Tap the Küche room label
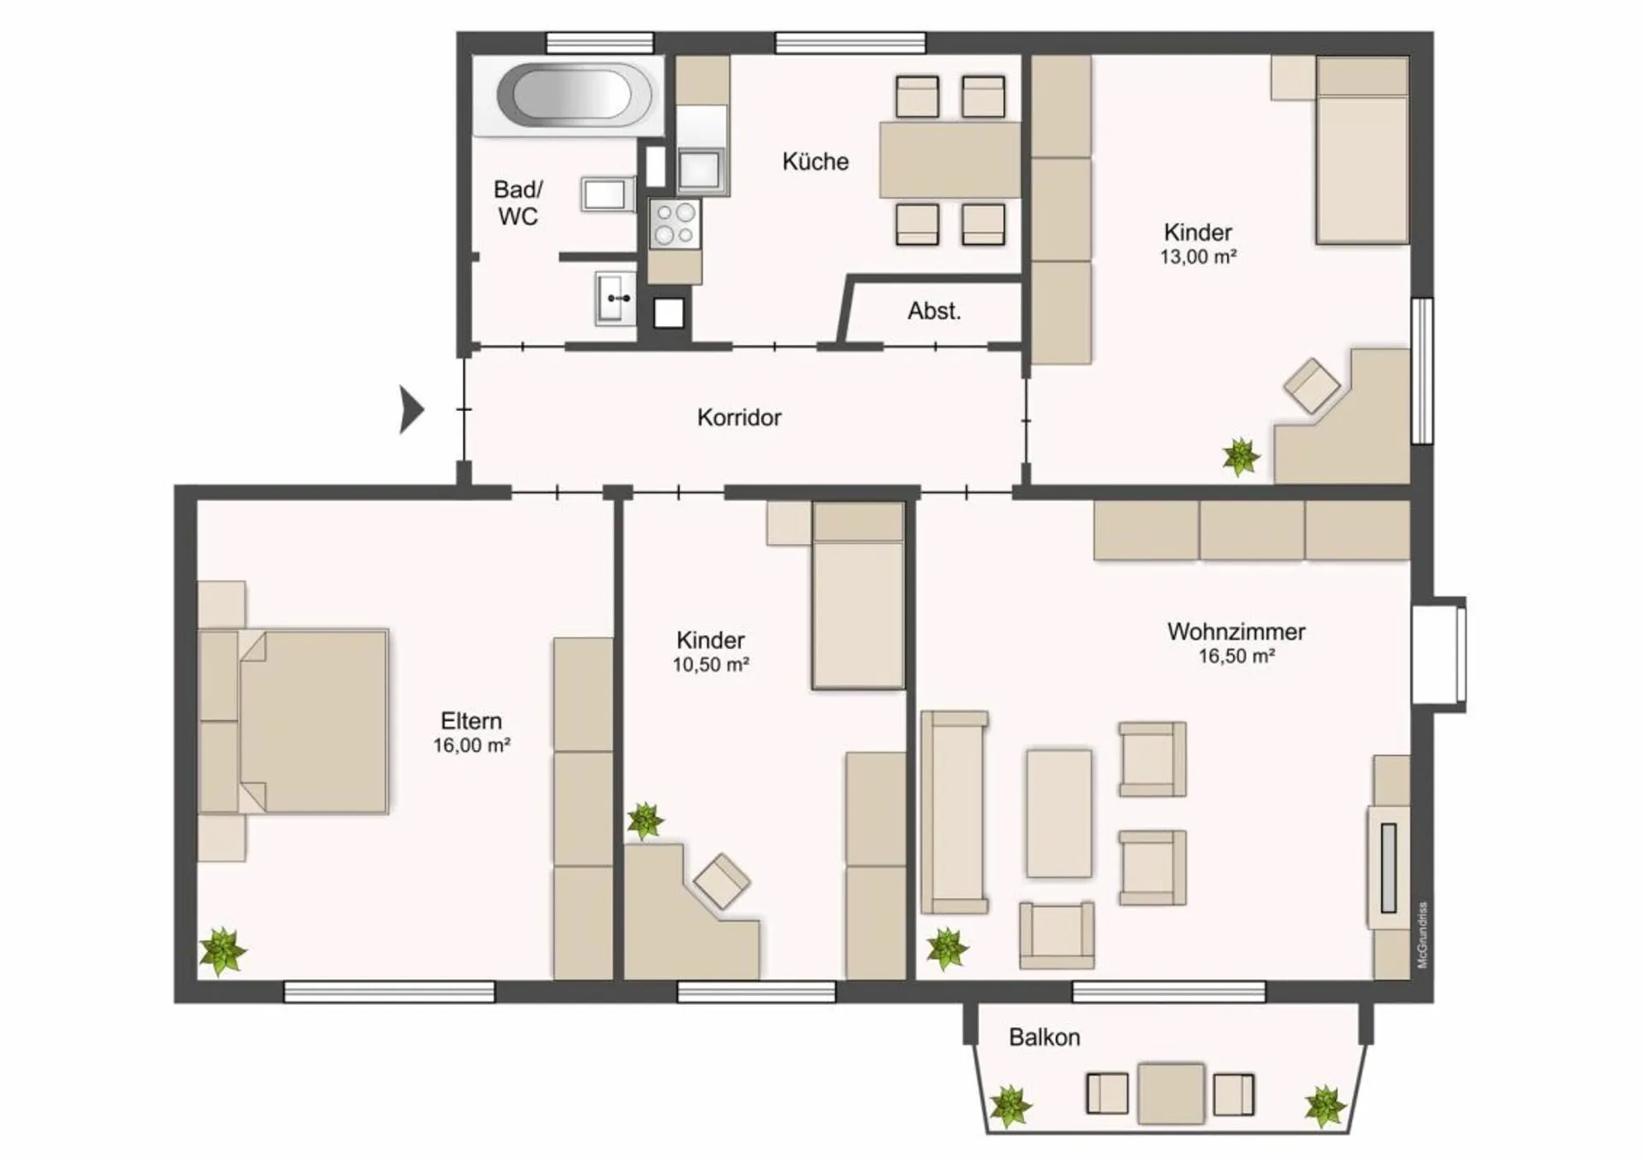point(815,162)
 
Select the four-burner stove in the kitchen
point(675,223)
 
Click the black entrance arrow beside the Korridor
point(412,409)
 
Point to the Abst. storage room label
point(934,311)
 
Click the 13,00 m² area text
point(1198,257)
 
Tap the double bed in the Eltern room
point(294,722)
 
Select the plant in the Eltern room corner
point(223,951)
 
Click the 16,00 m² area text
point(471,746)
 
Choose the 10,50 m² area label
point(711,665)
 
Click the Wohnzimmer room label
point(1236,632)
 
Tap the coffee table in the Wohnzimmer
point(1059,813)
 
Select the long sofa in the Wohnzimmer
point(955,812)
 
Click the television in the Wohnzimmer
point(1389,867)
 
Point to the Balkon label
point(1044,1038)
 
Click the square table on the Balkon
point(1171,1093)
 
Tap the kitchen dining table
point(950,160)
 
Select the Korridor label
point(739,418)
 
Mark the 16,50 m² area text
point(1236,657)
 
